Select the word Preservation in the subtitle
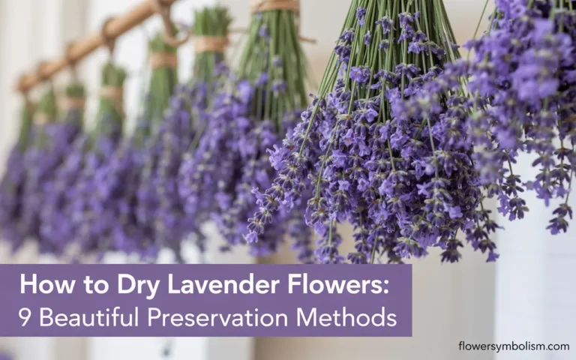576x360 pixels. pos(216,317)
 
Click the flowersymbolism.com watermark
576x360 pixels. pos(514,346)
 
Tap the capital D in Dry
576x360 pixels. pos(101,286)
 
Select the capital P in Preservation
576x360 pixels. pos(154,317)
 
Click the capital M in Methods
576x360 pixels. pos(307,317)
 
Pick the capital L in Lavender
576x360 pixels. pos(155,286)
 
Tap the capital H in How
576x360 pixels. pos(27,286)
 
